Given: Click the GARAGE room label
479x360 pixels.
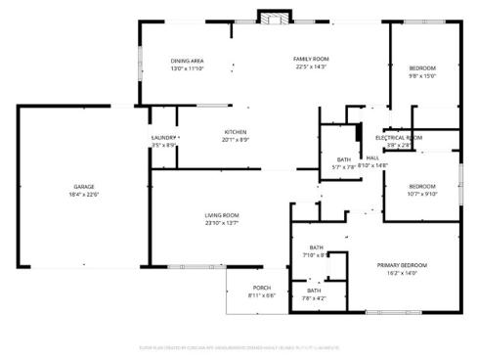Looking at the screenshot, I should [84, 186].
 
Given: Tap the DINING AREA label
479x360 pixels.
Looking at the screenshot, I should [187, 61].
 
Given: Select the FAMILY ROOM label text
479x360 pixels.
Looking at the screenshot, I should [311, 60].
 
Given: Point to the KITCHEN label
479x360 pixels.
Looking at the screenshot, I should [235, 132].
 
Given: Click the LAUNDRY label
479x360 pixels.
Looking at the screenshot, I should [162, 138].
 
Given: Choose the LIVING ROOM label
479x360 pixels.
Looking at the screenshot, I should [222, 215].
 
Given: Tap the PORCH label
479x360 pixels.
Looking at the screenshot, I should [261, 288].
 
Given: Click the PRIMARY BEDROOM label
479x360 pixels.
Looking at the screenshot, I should [403, 265].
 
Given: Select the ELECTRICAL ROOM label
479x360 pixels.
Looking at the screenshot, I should [399, 138].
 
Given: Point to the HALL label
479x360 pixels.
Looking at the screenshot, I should [372, 158].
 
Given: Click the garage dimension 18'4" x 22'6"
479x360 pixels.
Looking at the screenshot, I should [84, 194].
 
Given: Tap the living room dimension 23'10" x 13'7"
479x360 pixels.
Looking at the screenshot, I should [222, 223].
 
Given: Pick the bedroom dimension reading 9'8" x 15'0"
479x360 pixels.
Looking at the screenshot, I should [421, 75].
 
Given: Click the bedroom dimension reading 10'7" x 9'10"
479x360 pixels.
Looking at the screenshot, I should [421, 194].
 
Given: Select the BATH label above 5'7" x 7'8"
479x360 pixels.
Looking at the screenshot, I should [344, 158].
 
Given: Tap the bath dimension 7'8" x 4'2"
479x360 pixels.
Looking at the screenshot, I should [314, 298].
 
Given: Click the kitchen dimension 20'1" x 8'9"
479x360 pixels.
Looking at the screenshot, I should [235, 140].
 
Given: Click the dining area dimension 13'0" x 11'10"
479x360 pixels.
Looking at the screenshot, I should [187, 68].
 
